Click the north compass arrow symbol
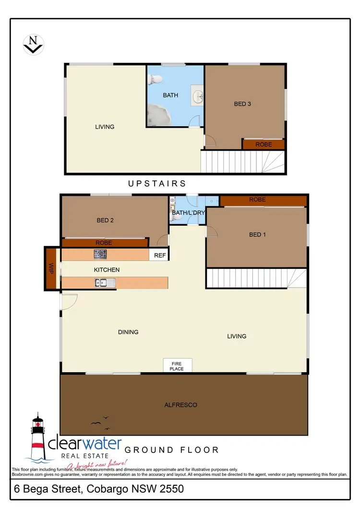(34, 44)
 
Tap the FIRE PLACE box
(177, 366)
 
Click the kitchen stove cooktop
(100, 254)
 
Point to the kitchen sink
(106, 283)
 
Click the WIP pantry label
(51, 268)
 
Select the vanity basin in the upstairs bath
(197, 96)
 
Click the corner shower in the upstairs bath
(158, 115)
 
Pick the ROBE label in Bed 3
(264, 145)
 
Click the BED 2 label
(105, 220)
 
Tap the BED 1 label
(257, 234)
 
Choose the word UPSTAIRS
(157, 183)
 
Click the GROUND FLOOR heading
(172, 450)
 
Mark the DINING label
(128, 332)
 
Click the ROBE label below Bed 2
(104, 243)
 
